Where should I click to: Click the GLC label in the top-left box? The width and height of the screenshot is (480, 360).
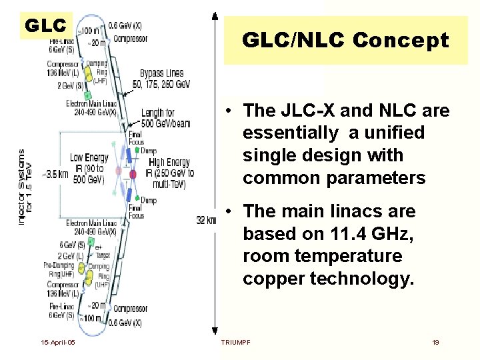coord(45,26)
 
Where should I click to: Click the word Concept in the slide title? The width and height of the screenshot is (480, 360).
coord(401,41)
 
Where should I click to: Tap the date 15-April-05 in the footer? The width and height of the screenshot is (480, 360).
coord(57,342)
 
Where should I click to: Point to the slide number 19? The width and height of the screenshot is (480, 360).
coord(435,342)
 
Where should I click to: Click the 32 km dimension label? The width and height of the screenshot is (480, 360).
coord(206,220)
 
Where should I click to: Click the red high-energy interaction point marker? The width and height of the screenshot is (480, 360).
coord(133,174)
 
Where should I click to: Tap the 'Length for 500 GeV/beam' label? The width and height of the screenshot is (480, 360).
coord(160,117)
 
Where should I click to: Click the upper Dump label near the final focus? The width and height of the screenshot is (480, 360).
coord(149,151)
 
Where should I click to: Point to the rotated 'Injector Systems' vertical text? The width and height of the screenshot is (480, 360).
coord(25,187)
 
